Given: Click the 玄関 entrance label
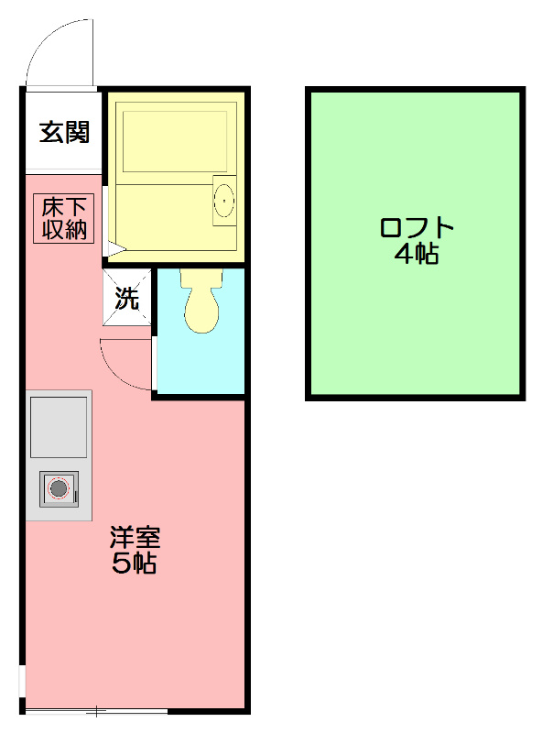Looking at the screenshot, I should coord(63,133).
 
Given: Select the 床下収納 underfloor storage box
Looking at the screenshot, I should coord(64,218).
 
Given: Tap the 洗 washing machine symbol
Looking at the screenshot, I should coord(126,297).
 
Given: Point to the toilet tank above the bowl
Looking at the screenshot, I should coord(201,277).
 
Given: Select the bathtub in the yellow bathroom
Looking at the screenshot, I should coord(174,142).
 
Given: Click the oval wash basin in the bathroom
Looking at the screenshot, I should coord(222,200).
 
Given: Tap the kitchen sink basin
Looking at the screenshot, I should coord(60,427).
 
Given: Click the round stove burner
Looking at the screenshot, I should coord(60,488).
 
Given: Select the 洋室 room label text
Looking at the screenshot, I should coord(135,536).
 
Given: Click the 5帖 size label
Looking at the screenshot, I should coord(135,563).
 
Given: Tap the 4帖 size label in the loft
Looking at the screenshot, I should coord(417,255).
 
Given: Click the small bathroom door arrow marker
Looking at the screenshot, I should coord(114,248).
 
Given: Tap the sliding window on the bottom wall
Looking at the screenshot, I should coord(96,711).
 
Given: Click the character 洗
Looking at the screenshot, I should coord(126,298).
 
